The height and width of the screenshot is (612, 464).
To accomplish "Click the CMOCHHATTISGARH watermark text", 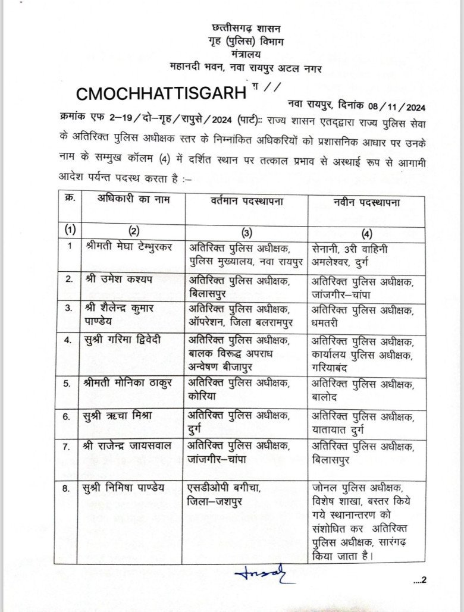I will click(161, 93).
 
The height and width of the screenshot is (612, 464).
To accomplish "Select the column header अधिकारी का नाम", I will click(133, 200).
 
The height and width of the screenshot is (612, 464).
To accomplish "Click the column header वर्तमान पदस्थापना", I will click(245, 202).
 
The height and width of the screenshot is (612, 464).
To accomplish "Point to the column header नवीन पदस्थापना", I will click(366, 202).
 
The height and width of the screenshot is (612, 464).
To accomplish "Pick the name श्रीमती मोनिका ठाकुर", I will click(128, 383).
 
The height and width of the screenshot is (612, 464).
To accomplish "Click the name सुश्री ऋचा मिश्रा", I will click(120, 415).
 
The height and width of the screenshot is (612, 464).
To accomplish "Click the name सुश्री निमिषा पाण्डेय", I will click(124, 488).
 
